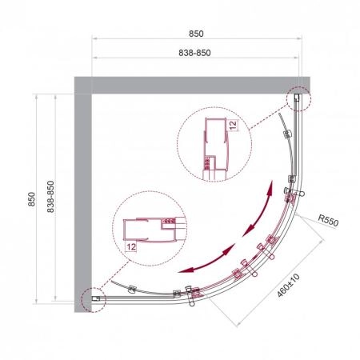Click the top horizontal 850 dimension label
tap(196, 34)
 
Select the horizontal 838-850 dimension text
tap(194, 53)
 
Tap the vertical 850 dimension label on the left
tap(31, 199)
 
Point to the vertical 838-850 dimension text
tap(50, 197)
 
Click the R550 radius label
tap(328, 221)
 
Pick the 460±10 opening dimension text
tap(288, 286)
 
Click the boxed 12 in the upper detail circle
tap(233, 125)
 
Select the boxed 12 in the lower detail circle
tap(131, 246)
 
